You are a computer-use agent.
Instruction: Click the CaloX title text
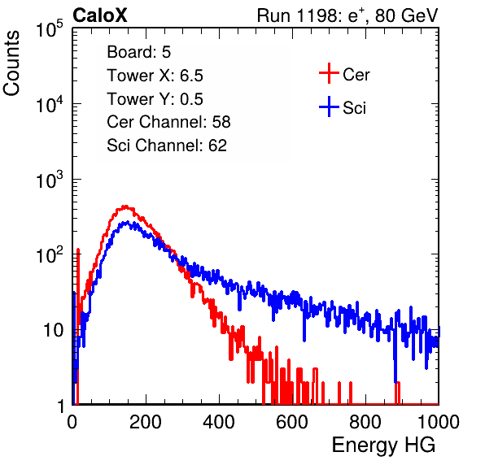tap(99, 15)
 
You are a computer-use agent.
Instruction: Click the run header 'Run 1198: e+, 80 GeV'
tap(347, 15)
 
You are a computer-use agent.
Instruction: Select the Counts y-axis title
tap(11, 63)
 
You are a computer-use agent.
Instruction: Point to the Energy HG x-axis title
tap(383, 445)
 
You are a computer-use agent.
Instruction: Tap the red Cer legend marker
tap(329, 73)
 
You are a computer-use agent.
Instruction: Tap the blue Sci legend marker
tap(329, 107)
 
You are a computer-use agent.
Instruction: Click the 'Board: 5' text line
tap(139, 52)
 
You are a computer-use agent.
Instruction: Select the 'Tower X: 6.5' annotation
tap(155, 76)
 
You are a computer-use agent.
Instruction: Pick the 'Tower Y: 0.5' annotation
tap(155, 99)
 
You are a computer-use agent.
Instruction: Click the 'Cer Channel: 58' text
tap(168, 122)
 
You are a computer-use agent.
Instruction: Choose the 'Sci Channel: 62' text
tap(167, 146)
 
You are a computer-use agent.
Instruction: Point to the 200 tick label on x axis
tap(146, 422)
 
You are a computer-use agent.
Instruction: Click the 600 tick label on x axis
tap(292, 422)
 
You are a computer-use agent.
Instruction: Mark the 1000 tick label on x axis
tap(439, 422)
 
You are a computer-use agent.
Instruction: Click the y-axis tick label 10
tap(53, 330)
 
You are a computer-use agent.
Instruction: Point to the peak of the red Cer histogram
tap(125, 206)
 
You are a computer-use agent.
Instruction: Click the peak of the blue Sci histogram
tap(127, 222)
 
